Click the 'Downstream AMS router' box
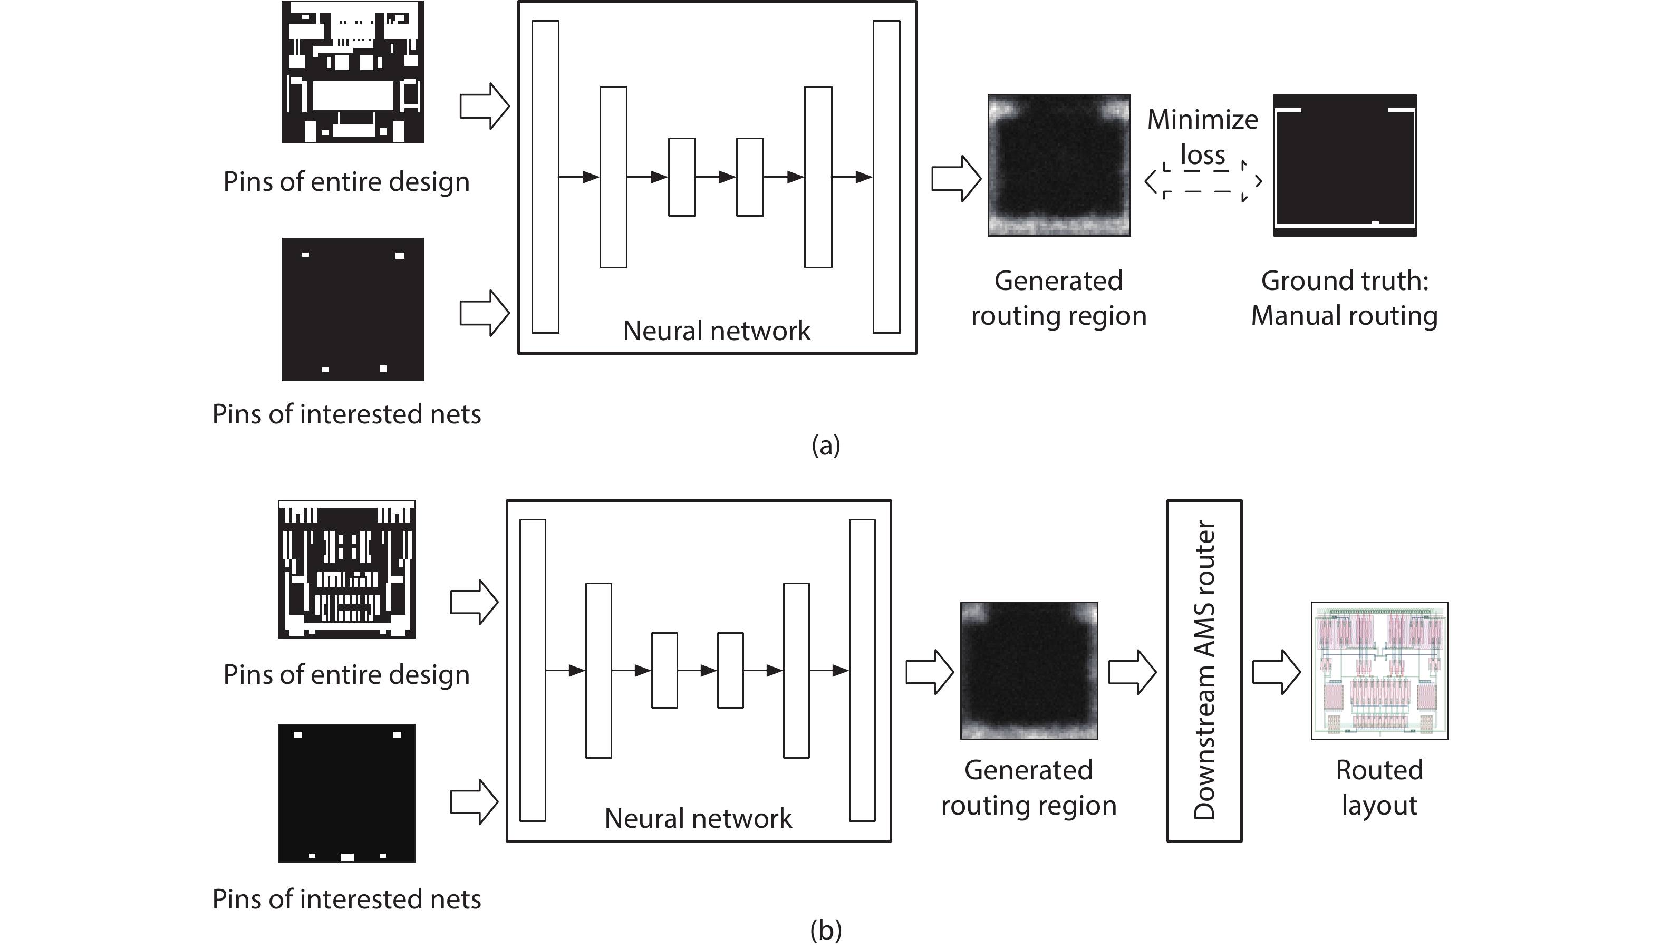[1203, 670]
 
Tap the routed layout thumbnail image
[1379, 670]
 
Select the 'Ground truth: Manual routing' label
[1344, 298]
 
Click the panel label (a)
[826, 446]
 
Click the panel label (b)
[826, 930]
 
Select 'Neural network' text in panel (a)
[716, 331]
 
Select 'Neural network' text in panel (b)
[698, 818]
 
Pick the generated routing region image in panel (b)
[1029, 670]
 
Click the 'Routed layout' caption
[1379, 788]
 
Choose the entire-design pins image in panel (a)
[352, 72]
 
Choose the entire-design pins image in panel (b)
[346, 568]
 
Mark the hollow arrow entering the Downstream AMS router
[1132, 671]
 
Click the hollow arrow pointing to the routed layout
[1276, 671]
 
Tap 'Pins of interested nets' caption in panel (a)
[346, 414]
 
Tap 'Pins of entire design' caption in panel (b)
[346, 674]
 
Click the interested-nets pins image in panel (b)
[346, 792]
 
